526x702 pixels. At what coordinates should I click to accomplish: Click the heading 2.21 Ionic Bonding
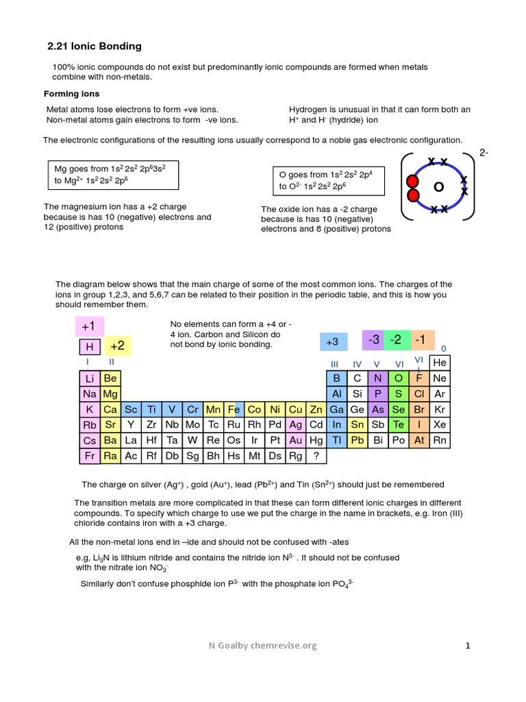[95, 47]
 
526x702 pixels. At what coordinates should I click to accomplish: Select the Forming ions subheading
[72, 94]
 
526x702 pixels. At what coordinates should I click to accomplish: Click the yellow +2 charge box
[117, 346]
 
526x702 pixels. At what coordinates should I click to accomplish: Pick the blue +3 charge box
[333, 341]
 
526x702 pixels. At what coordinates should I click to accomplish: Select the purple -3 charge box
[374, 339]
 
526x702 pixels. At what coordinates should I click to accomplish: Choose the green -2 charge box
[397, 339]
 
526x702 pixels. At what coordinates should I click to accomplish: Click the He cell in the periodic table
[440, 362]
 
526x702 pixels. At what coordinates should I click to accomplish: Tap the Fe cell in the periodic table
[234, 409]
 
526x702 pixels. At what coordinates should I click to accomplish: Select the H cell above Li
[90, 347]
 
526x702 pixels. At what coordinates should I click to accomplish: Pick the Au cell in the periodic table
[296, 440]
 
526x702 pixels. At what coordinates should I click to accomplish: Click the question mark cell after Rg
[316, 456]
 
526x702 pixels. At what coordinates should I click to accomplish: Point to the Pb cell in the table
[357, 440]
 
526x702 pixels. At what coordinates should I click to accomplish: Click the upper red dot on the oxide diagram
[412, 182]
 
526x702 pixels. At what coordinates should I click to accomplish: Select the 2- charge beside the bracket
[484, 152]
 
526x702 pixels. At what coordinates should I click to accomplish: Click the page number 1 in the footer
[468, 645]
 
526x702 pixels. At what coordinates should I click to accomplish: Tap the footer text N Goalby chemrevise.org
[263, 645]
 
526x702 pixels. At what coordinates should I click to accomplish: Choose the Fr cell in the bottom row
[90, 456]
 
